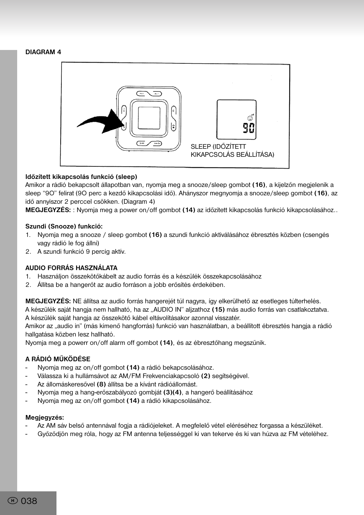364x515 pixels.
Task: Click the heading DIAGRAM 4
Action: click(x=43, y=52)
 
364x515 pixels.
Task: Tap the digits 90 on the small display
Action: click(x=248, y=128)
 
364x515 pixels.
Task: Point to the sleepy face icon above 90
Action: click(x=250, y=118)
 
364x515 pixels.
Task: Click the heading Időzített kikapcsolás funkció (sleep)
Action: click(x=81, y=177)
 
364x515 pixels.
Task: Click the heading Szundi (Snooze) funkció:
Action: click(x=64, y=226)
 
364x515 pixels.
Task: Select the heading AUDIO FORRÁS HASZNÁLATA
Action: click(x=71, y=268)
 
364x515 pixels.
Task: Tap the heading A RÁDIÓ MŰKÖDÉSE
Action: click(x=58, y=359)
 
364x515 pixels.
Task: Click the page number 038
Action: click(x=29, y=501)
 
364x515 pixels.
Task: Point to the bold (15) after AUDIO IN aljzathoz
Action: click(x=218, y=310)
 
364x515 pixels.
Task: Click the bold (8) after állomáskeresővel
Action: click(x=101, y=384)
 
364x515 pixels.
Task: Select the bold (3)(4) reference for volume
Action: click(x=172, y=392)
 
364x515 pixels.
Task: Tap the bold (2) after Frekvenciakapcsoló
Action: click(x=206, y=376)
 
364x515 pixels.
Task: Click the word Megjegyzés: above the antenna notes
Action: click(x=45, y=417)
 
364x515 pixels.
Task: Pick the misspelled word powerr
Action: click(x=78, y=343)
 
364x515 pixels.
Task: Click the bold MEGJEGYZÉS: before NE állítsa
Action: click(x=48, y=301)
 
